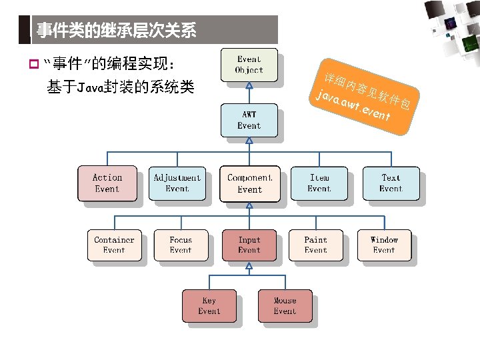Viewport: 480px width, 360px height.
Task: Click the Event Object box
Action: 249,65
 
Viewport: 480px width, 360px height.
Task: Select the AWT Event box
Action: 249,121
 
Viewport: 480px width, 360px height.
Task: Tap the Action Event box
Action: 107,183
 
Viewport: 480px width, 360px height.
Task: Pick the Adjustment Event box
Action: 177,183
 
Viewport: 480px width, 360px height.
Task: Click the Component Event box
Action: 250,183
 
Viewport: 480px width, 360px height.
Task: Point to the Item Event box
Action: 319,183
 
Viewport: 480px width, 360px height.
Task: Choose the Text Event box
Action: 391,183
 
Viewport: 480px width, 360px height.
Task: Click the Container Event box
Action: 114,245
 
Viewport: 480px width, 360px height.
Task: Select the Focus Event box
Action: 181,245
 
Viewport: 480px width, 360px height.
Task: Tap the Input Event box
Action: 249,245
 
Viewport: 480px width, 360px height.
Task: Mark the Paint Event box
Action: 316,245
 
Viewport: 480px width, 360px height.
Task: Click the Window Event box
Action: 384,245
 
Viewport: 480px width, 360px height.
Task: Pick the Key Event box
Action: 209,306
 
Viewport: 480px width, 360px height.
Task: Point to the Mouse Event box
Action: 285,306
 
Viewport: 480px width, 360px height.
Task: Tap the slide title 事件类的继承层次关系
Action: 117,31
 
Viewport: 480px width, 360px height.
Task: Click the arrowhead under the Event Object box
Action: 249,85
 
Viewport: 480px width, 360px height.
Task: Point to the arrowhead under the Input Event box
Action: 249,265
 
